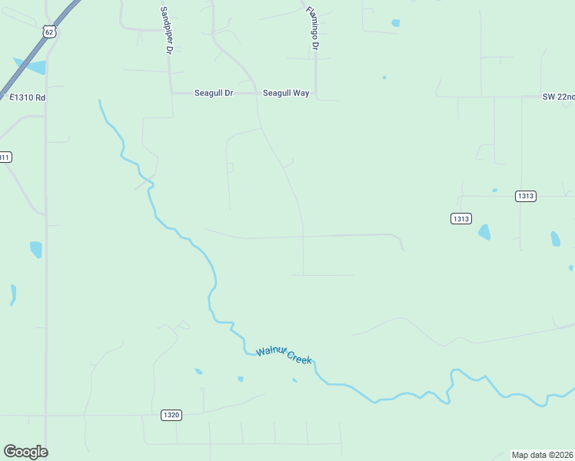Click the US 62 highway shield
49,31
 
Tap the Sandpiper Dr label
165,31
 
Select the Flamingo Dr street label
312,29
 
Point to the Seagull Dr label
213,93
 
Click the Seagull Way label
286,93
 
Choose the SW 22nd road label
558,97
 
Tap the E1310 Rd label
28,98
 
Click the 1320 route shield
171,415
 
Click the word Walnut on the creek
271,350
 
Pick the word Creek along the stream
301,357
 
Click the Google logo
25,452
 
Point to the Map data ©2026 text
542,454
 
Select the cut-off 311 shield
5,157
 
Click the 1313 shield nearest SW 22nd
525,196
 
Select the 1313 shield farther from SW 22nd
460,219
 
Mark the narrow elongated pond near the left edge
13,294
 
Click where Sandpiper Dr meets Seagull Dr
171,93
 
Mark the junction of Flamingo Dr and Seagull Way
316,94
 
